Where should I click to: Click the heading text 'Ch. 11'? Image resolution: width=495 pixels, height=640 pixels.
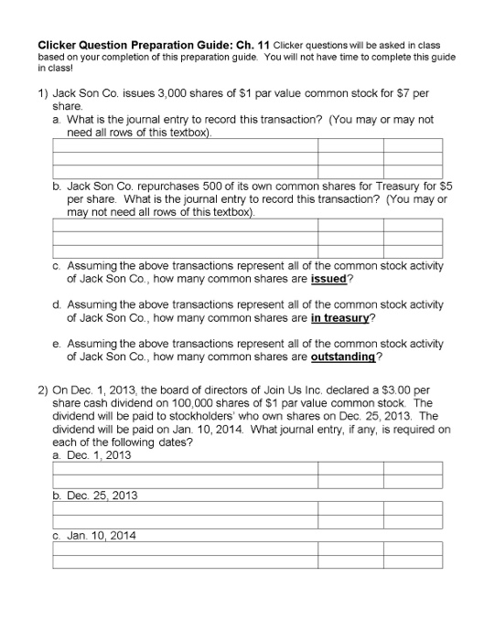(x=250, y=45)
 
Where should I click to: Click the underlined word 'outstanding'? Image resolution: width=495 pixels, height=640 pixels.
(x=343, y=357)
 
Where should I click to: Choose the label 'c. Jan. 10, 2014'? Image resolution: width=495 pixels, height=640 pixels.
(x=95, y=535)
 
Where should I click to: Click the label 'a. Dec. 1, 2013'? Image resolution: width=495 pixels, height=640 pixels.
(x=92, y=454)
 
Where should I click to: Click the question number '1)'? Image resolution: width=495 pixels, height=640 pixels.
(x=43, y=93)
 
